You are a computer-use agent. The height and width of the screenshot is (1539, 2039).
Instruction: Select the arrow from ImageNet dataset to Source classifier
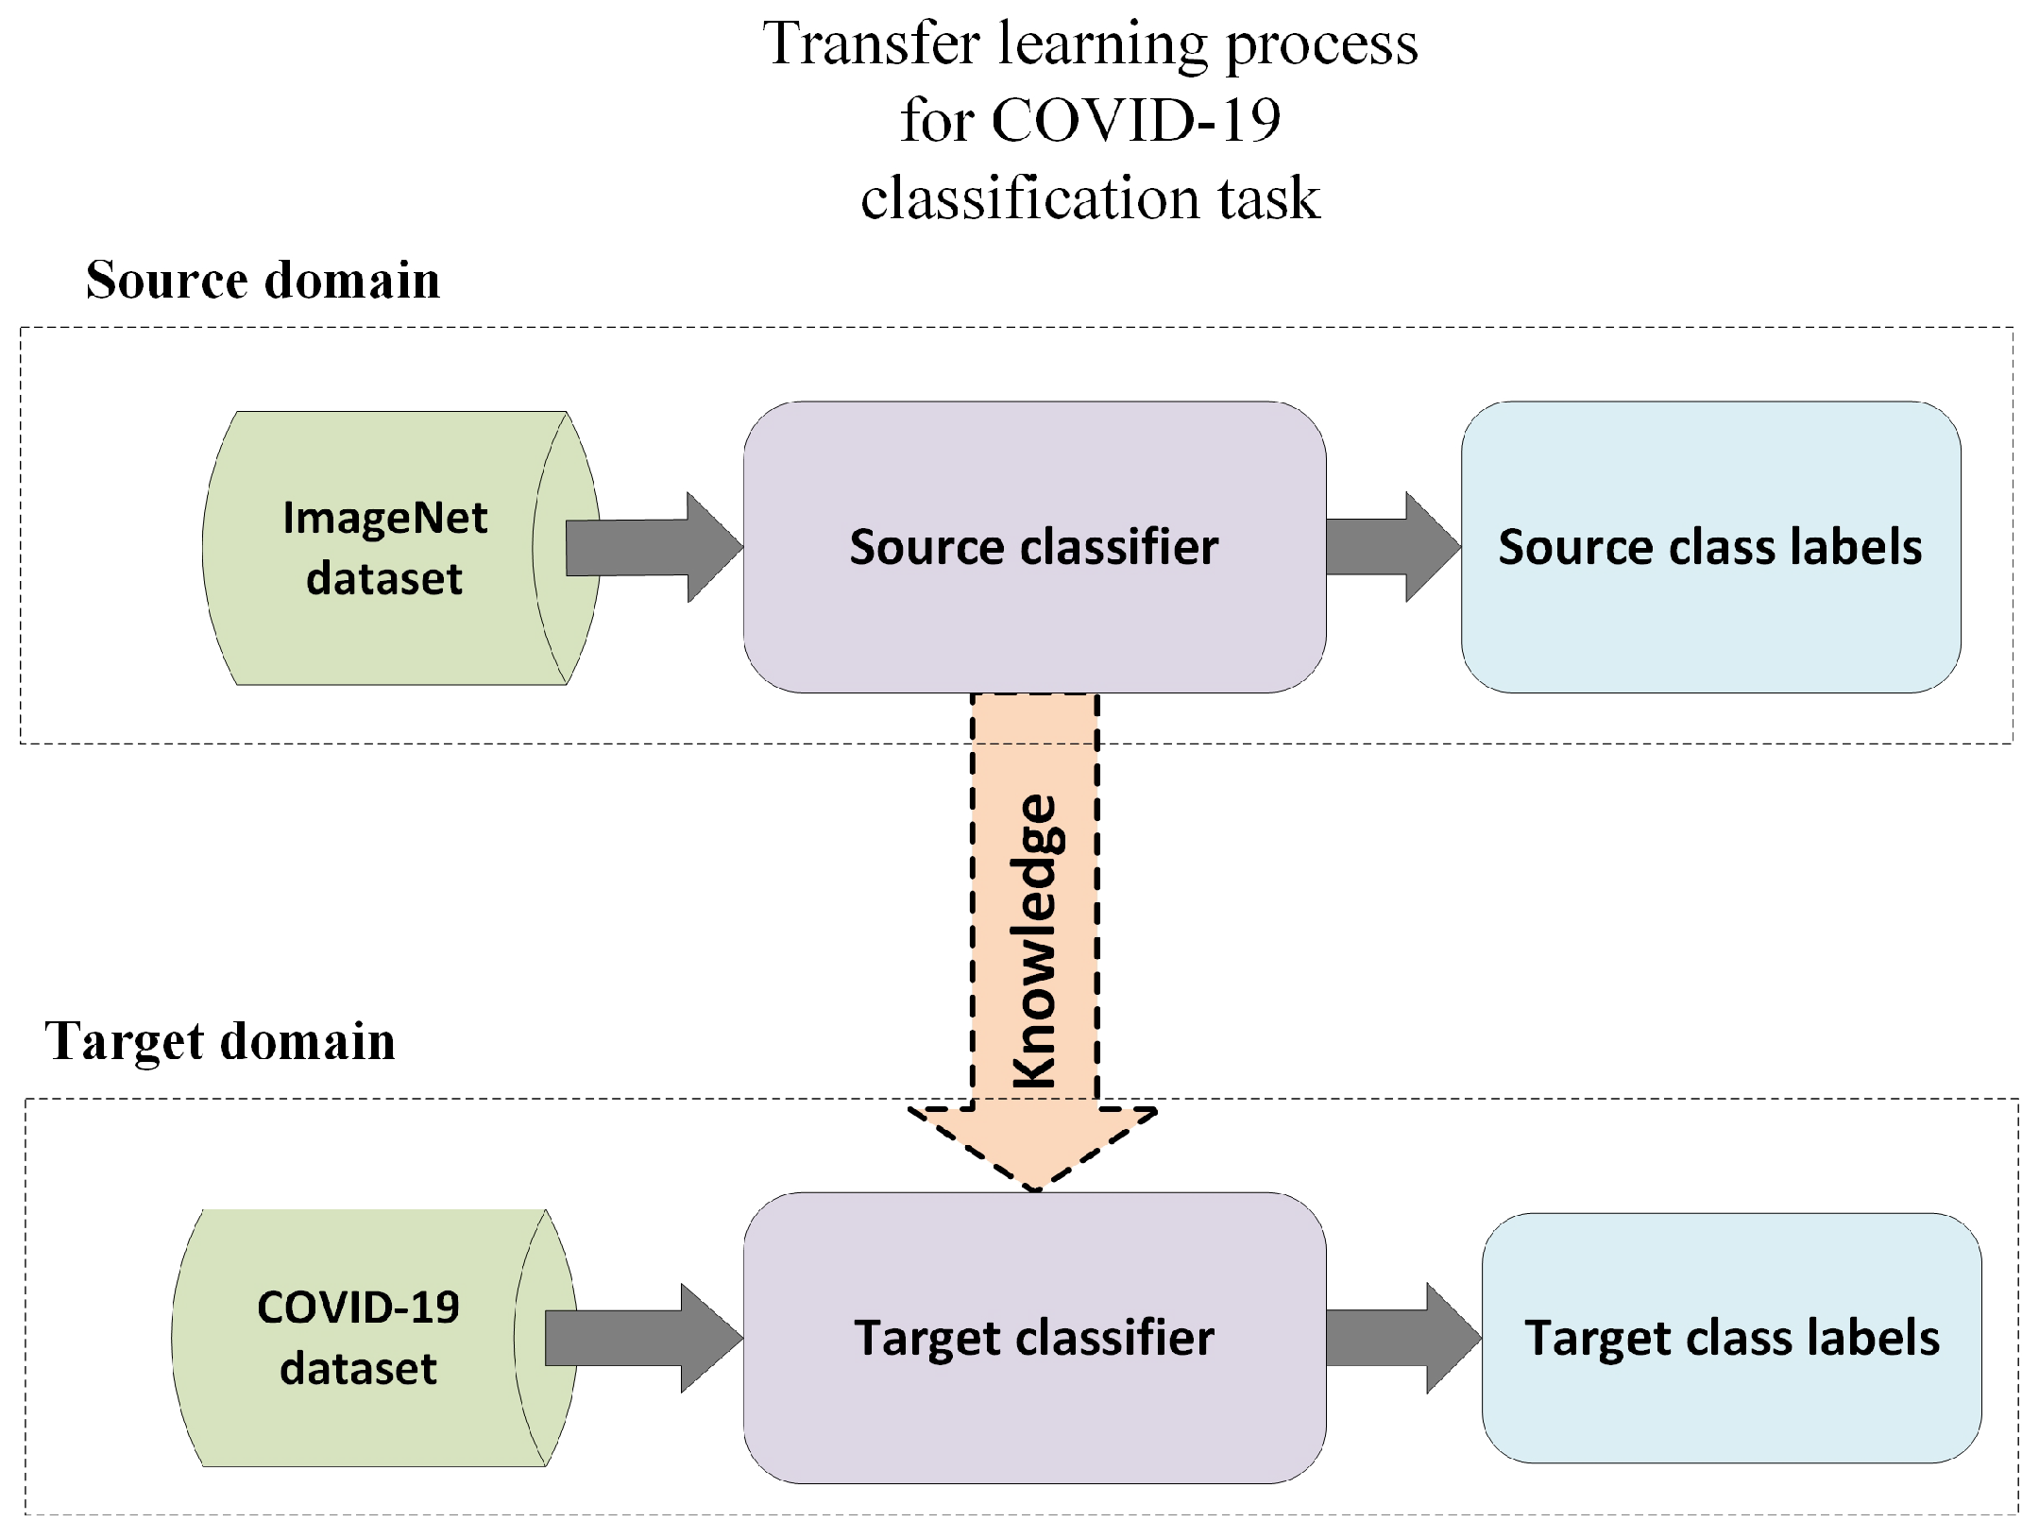pyautogui.click(x=652, y=547)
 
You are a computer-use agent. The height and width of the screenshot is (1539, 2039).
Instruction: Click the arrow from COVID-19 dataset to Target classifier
pyautogui.click(x=641, y=1338)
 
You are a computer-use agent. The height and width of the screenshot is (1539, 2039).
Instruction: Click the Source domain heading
pyautogui.click(x=263, y=280)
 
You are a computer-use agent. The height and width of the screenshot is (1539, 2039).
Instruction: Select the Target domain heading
pyautogui.click(x=220, y=1041)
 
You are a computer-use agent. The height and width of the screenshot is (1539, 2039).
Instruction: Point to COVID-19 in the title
pyautogui.click(x=1135, y=121)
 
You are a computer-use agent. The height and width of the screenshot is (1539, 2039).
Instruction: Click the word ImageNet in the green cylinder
pyautogui.click(x=384, y=518)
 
